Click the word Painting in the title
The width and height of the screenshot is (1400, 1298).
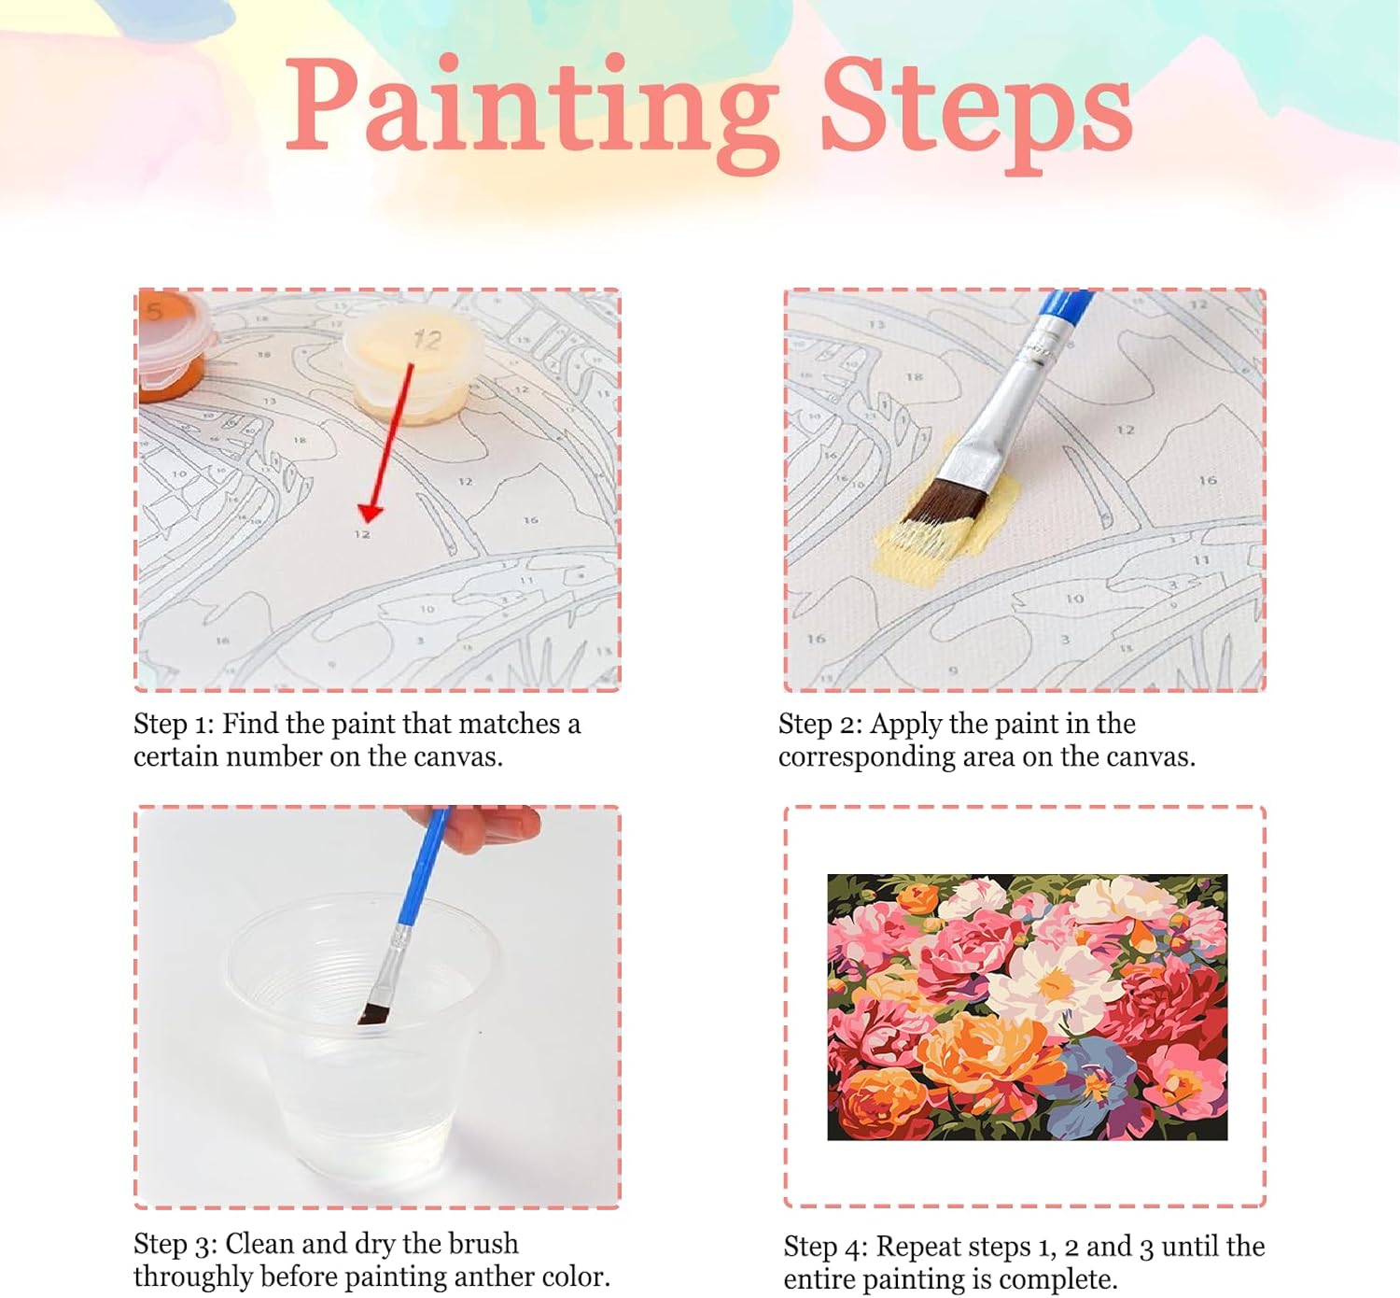click(532, 114)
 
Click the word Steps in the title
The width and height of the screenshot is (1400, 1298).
click(977, 114)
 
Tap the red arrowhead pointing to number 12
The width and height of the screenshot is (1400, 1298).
click(370, 513)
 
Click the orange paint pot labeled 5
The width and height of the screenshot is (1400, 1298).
click(174, 346)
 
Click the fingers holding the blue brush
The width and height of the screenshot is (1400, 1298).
click(480, 827)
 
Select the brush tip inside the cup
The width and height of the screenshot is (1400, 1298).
click(372, 1014)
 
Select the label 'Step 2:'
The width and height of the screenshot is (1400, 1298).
click(819, 725)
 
